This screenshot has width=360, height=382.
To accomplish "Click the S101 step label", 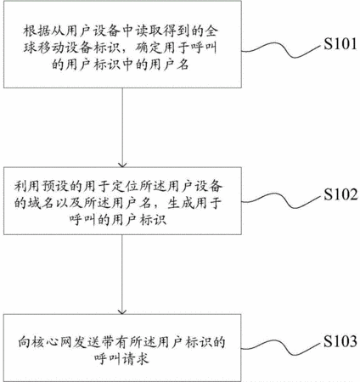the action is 340,44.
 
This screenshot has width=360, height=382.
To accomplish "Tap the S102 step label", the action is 340,194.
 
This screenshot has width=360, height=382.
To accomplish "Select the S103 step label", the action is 340,341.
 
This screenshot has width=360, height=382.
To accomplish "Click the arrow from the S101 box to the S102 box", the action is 122,127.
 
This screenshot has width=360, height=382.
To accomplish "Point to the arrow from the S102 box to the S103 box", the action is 122,274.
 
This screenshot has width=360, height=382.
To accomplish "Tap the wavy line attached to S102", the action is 283,200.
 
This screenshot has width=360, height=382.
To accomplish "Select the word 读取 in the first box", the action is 149,31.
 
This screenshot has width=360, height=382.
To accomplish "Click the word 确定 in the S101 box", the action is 149,48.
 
